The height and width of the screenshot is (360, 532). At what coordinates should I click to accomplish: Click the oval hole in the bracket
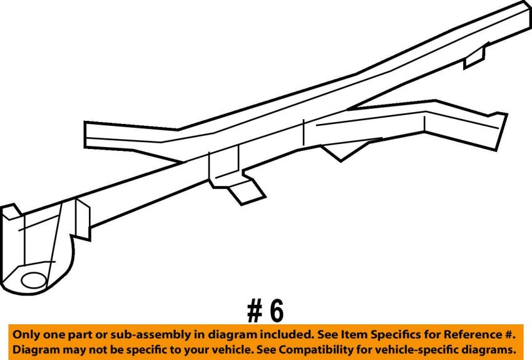[34, 280]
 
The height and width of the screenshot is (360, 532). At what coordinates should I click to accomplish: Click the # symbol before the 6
[255, 311]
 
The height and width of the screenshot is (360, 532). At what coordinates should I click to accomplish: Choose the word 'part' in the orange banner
[80, 336]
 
